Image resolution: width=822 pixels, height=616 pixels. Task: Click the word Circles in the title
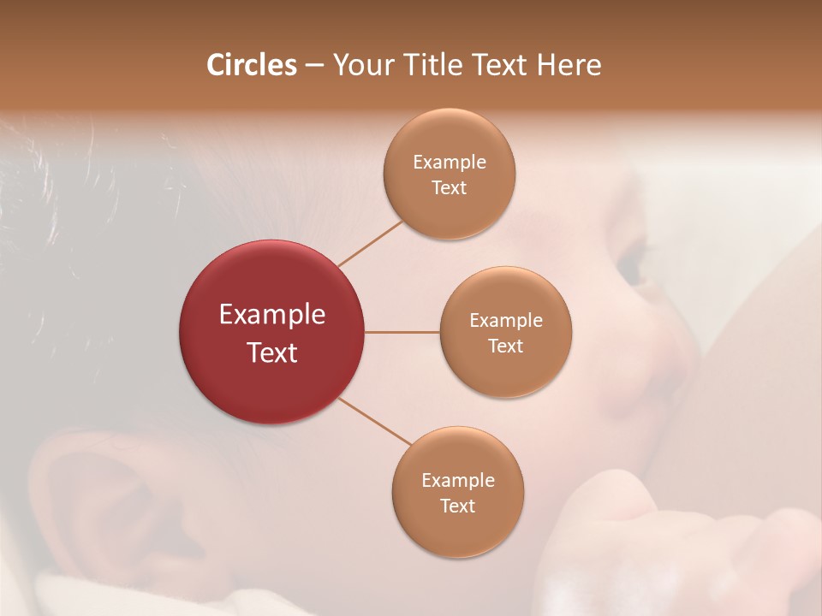(x=251, y=64)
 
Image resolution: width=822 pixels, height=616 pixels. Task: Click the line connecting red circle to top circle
(x=370, y=244)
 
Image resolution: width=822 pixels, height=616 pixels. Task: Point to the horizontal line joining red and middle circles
(x=402, y=332)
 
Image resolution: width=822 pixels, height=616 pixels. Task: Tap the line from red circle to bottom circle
(x=375, y=421)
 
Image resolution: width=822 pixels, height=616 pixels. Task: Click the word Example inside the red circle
(x=271, y=315)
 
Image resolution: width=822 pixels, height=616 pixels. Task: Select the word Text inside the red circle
(x=271, y=352)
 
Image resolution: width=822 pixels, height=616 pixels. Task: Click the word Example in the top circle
(x=449, y=162)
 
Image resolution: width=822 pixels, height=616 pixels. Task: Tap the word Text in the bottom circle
(x=457, y=506)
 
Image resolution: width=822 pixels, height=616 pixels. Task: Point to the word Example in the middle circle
(x=506, y=320)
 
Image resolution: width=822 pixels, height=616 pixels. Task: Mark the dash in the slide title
(x=314, y=66)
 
